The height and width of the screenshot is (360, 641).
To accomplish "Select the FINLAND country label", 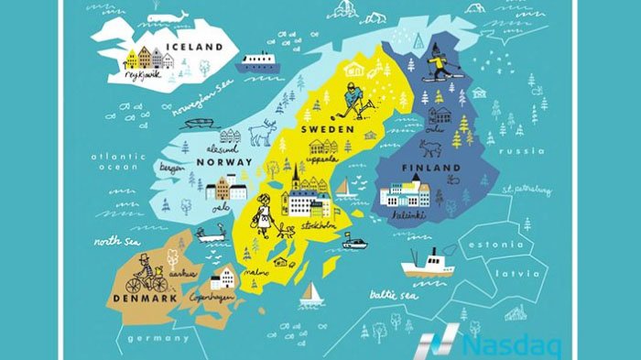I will (x=429, y=170).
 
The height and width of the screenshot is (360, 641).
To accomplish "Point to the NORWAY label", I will (x=219, y=163).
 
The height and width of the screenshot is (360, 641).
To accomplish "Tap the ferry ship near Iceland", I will (x=255, y=62).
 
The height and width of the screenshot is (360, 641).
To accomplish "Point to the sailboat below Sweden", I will (x=311, y=292).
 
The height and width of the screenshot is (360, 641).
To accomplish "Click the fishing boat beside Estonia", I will (x=428, y=265).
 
